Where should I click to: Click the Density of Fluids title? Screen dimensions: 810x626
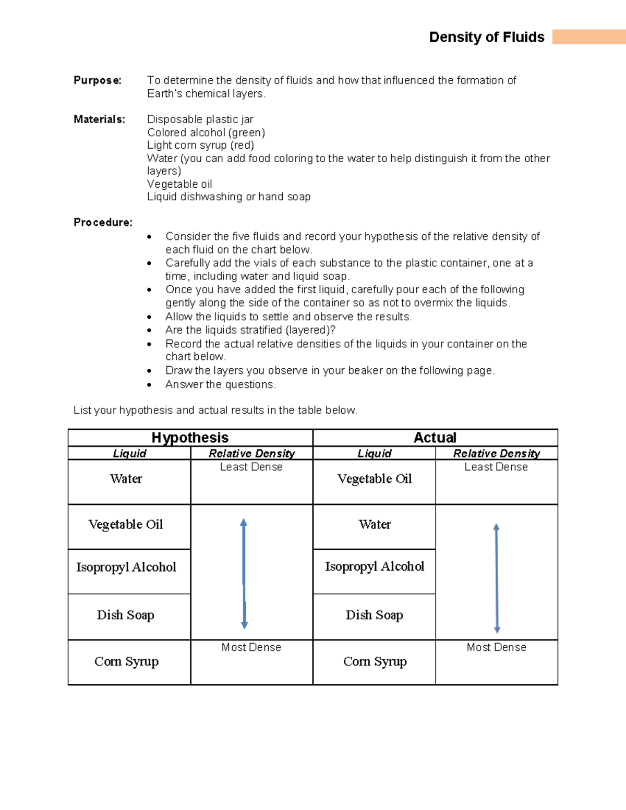pos(486,37)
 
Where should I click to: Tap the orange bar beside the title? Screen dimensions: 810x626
pos(588,37)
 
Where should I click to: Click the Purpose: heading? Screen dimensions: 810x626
pos(98,80)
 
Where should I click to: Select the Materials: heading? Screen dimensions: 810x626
pos(99,119)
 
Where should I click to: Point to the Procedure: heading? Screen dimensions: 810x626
pos(103,223)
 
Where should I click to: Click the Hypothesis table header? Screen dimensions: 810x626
pos(190,438)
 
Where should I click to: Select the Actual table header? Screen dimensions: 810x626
pos(435,438)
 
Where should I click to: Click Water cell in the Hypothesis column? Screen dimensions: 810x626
pos(126,479)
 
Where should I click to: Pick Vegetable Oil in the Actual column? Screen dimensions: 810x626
pos(375,479)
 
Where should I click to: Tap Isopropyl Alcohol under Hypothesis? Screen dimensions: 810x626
pos(126,567)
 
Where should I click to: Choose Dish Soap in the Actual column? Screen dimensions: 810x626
pos(375,615)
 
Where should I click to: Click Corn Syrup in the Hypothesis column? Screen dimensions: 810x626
pos(126,661)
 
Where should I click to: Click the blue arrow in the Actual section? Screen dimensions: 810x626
pos(497,578)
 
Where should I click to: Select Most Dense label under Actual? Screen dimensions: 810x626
pos(496,647)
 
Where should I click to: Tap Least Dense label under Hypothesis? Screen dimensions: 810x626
pos(251,467)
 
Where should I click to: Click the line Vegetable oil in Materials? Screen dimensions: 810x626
pos(179,184)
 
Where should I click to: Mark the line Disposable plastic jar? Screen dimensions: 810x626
pos(200,119)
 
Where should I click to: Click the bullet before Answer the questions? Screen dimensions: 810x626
pos(150,385)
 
